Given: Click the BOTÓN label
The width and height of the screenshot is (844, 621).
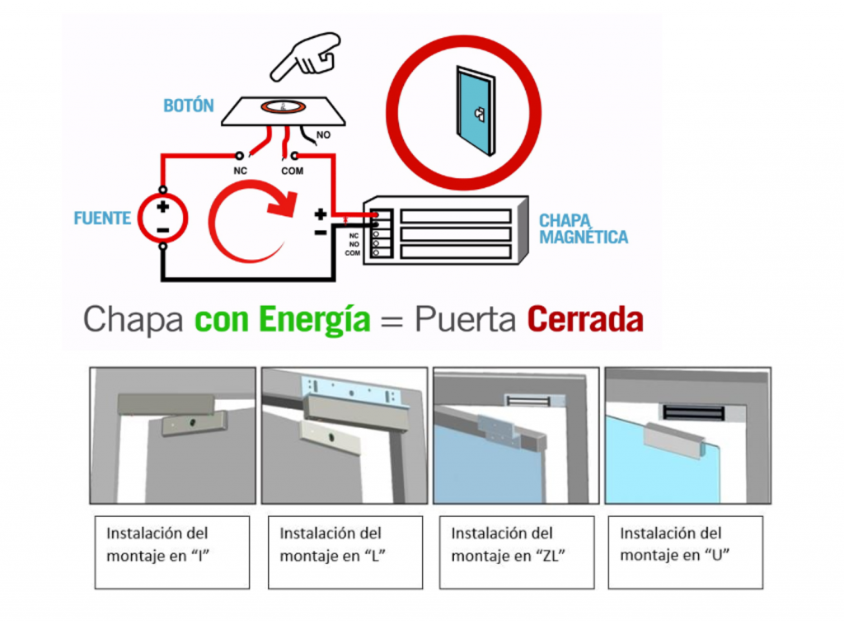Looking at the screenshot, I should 189,106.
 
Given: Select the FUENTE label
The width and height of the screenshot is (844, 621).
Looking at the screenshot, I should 102,219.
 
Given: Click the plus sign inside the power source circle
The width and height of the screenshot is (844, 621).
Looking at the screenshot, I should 163,207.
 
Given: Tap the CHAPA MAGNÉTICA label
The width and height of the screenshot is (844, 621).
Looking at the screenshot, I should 583,229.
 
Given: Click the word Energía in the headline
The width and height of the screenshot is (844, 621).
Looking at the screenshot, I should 314,319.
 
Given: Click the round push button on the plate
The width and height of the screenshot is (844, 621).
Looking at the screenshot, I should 283,106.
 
